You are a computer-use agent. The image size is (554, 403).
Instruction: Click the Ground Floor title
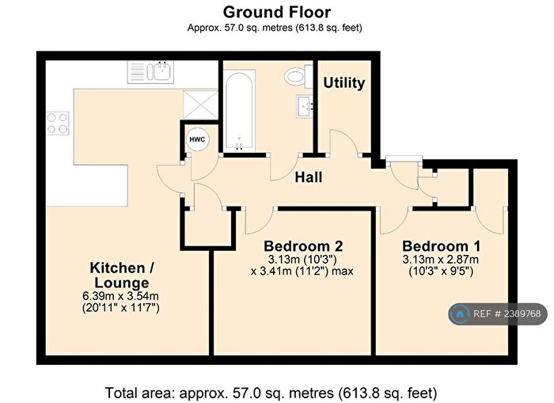coord(277,12)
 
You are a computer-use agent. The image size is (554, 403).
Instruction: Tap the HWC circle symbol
coord(197,139)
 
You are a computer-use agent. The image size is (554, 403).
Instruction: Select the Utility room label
coord(344,83)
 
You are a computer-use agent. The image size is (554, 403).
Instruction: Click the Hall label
coord(309,177)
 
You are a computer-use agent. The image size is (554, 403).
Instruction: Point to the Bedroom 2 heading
coord(303,245)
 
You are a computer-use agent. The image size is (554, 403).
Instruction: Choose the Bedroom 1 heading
coord(442,245)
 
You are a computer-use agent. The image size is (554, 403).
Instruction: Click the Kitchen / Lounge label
coord(122,275)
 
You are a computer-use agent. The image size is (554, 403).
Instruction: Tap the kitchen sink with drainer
coord(150,72)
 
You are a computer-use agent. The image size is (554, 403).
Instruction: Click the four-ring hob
coord(58,123)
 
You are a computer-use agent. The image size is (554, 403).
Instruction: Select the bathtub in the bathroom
coord(239,109)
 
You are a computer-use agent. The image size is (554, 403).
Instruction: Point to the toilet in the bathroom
coord(298,76)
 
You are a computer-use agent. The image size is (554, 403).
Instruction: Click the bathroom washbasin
coord(305,105)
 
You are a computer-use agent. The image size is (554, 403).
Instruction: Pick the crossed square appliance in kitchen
coord(200,105)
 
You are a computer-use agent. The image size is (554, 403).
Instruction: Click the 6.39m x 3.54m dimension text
coord(120,295)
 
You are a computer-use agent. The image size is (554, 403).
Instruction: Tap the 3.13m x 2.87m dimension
coord(441,260)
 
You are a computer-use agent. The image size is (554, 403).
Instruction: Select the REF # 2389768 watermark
coord(498,314)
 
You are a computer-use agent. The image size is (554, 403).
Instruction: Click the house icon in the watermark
coord(460,314)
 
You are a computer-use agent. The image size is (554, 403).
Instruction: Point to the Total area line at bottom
coord(271,393)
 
